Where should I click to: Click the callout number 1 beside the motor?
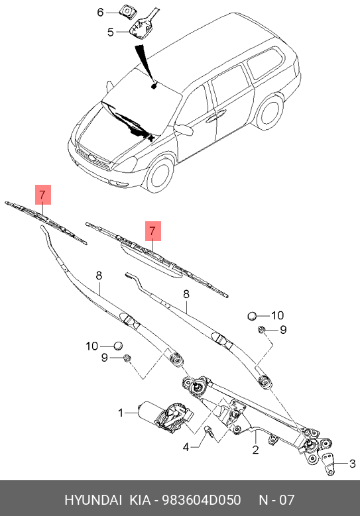(x=121, y=413)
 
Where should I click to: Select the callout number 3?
(x=353, y=463)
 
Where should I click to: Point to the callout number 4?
(x=188, y=446)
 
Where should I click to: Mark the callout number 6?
(x=101, y=12)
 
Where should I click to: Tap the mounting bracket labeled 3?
(x=330, y=464)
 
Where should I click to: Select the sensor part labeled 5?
(x=140, y=29)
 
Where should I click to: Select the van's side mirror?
(x=184, y=129)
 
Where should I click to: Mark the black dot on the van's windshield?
(x=154, y=85)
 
